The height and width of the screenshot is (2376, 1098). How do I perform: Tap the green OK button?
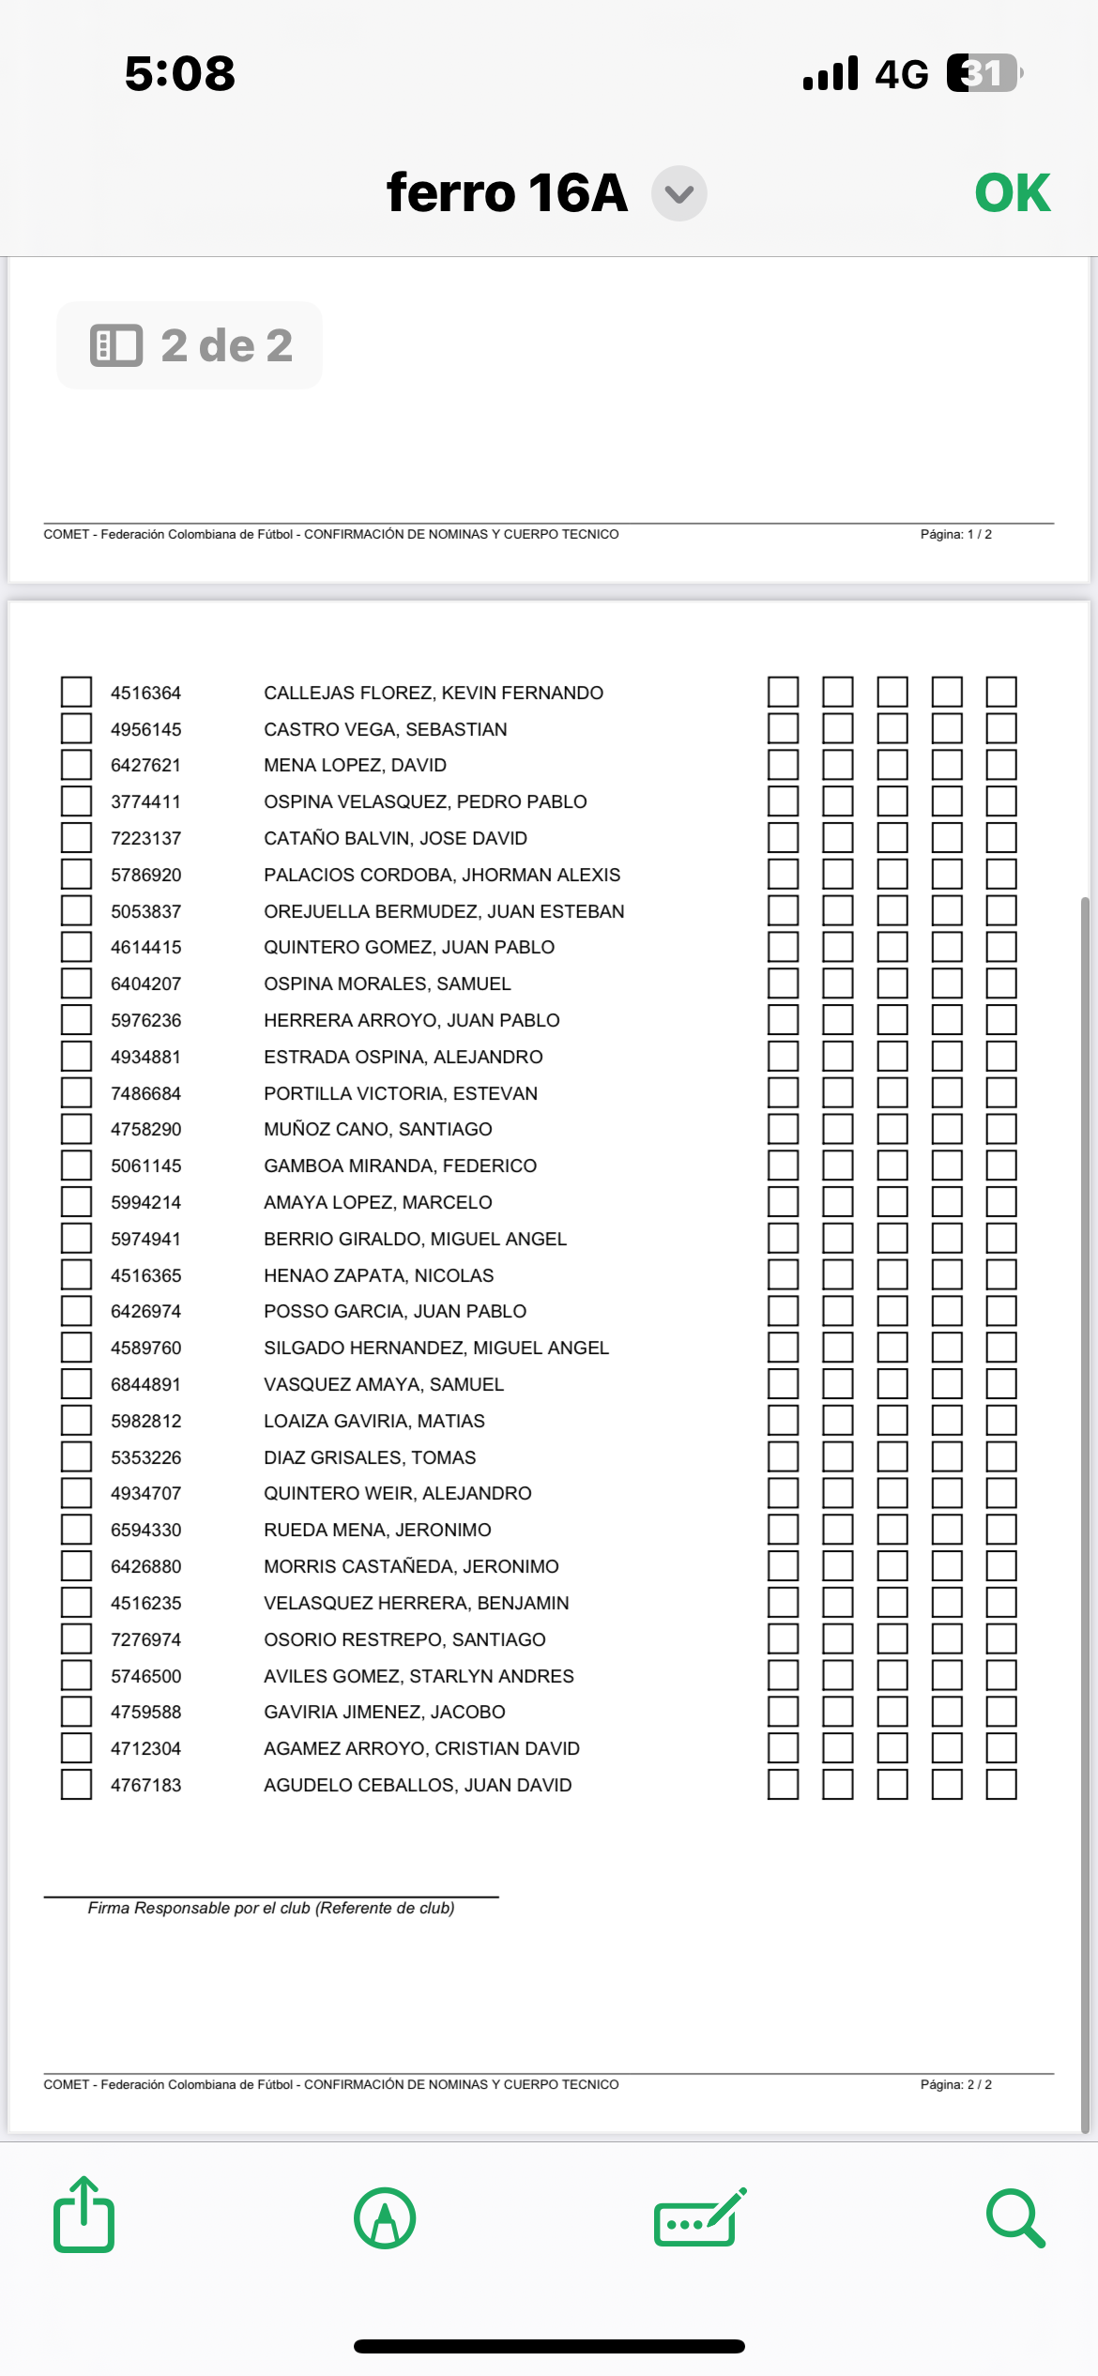point(1012,193)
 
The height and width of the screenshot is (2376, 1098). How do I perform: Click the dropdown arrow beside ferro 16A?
point(679,194)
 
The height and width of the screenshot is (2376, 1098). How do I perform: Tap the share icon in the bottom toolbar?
point(84,2216)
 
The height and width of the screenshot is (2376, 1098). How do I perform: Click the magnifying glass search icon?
point(1014,2218)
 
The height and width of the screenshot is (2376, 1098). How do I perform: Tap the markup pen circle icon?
point(385,2218)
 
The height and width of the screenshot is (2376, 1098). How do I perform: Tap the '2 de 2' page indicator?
point(191,345)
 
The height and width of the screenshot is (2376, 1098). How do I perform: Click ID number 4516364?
point(145,693)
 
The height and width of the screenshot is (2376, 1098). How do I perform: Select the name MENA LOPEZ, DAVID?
point(355,766)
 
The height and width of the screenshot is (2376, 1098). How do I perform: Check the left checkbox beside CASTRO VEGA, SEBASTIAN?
point(76,729)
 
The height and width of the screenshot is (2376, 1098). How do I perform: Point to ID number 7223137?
point(145,839)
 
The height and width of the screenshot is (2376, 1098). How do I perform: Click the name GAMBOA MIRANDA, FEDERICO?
point(400,1166)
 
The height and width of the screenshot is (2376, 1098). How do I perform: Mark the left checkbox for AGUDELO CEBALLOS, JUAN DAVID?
point(76,1785)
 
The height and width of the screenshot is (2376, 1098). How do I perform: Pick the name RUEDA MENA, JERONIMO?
point(377,1531)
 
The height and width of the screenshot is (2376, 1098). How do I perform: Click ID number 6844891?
point(145,1385)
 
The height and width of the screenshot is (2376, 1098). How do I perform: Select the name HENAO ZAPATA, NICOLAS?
point(378,1276)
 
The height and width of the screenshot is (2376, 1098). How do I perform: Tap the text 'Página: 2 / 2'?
point(955,2084)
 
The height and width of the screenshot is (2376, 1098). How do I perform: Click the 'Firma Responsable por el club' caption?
point(271,1909)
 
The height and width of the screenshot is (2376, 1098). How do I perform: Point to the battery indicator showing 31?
point(983,73)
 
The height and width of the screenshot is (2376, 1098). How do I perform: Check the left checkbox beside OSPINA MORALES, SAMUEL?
point(76,984)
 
